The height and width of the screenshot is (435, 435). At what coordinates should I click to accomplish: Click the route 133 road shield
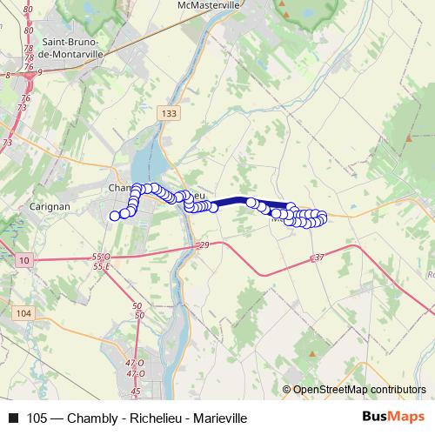(x=171, y=113)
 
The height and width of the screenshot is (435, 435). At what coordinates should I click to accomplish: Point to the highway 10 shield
(x=24, y=260)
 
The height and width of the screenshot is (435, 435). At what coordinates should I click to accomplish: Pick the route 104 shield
(x=23, y=313)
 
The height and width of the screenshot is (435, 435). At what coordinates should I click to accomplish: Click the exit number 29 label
(x=204, y=248)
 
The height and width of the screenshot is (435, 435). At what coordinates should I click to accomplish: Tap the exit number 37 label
(x=318, y=258)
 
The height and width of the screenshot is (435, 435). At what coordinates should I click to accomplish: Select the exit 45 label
(x=133, y=393)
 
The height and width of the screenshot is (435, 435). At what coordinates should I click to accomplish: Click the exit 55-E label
(x=102, y=267)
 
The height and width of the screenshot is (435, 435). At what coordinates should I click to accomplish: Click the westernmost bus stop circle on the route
(x=115, y=216)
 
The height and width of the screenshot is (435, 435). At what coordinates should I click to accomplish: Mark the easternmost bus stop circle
(x=322, y=217)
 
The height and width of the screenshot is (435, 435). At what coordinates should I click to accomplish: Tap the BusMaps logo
(x=392, y=418)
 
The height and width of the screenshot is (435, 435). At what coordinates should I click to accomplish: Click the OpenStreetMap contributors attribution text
(x=358, y=390)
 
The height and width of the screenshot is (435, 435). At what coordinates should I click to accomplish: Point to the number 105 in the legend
(x=37, y=418)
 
